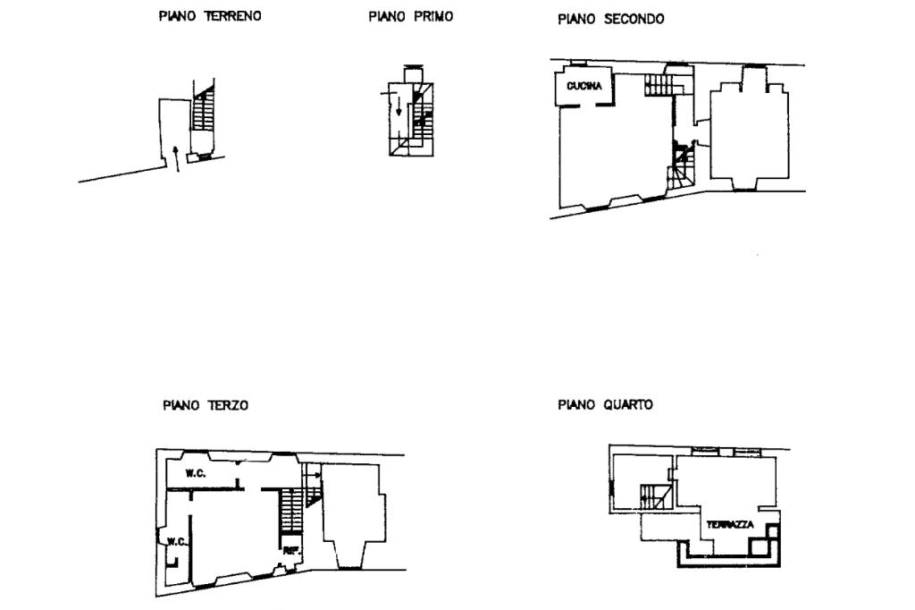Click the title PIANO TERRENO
coord(210,16)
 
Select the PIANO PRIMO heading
coord(410,16)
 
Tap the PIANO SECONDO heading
coord(610,19)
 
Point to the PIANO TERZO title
coord(206,405)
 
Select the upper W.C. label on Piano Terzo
coord(196,473)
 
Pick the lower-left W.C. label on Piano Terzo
coord(174,541)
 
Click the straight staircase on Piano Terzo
coord(292,512)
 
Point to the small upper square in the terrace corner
coord(775,530)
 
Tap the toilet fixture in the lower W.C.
coord(177,563)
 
